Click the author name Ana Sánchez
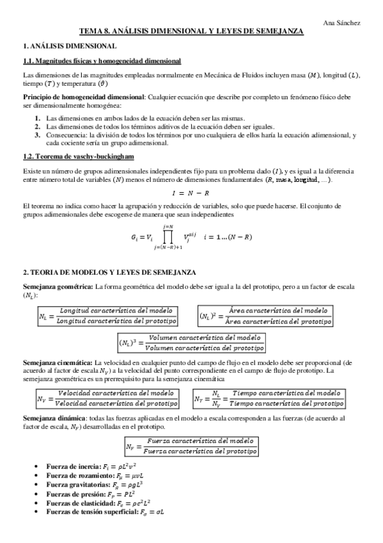pos(342,23)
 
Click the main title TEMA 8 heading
pos(191,31)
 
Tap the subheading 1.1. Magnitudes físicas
pos(102,61)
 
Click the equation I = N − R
pos(191,193)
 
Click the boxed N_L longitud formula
pos(107,316)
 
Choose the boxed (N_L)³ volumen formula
pos(191,343)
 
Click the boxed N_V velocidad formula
pos(107,398)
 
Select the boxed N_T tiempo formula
pos(268,398)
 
